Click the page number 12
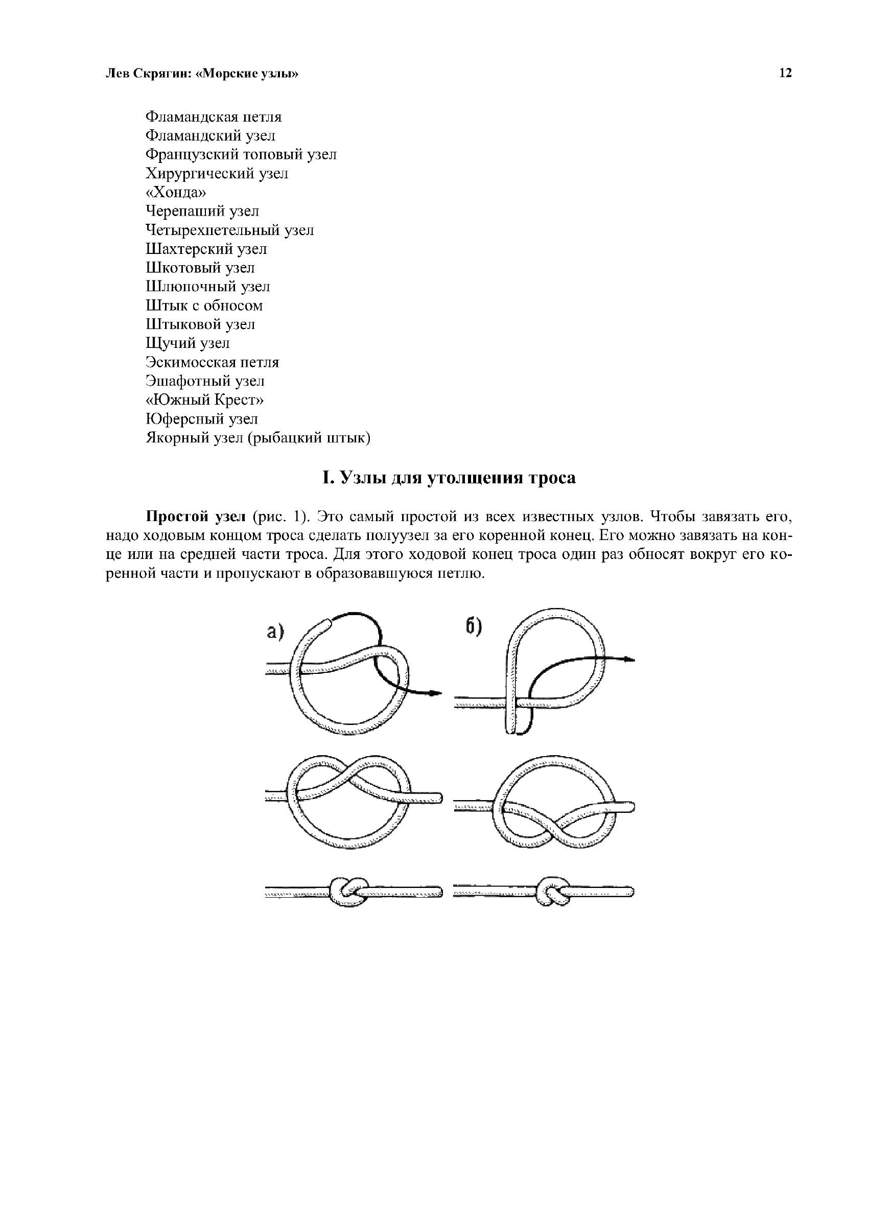(x=785, y=74)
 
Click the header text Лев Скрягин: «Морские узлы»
(x=201, y=74)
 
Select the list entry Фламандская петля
(x=214, y=116)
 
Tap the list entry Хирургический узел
(x=217, y=173)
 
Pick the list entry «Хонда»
(x=176, y=192)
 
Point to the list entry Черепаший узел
(x=202, y=211)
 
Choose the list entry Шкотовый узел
(x=200, y=267)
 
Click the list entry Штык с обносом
(x=204, y=305)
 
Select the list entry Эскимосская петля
(x=213, y=362)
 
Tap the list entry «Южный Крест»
(x=205, y=400)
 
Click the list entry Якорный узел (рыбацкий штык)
(x=259, y=438)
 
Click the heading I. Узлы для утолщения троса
(x=449, y=478)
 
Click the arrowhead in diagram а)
(x=436, y=693)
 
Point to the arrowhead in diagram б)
(x=629, y=660)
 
